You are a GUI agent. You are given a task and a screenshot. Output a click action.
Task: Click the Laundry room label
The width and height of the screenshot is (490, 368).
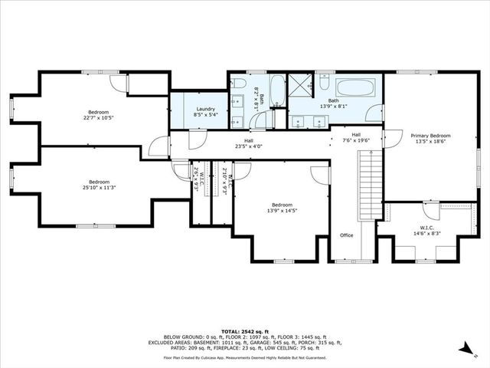tap(205, 109)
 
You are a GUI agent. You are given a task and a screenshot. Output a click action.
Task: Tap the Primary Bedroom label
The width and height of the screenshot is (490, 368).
tap(430, 136)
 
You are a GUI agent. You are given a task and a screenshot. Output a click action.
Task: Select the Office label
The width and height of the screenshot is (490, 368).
tap(347, 235)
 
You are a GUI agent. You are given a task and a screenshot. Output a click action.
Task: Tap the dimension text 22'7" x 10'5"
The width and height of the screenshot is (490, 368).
tap(99, 118)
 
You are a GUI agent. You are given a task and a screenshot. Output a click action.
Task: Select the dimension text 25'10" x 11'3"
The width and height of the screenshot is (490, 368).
tap(99, 188)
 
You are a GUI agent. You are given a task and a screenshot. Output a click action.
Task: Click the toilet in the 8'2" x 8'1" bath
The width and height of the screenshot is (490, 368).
tap(240, 84)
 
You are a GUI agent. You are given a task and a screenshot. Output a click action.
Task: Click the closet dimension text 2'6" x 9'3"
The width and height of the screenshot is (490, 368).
tap(197, 180)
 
